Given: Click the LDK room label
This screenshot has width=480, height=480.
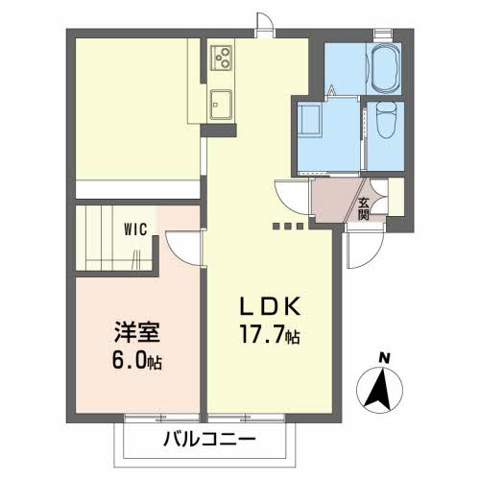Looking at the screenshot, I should [272, 307].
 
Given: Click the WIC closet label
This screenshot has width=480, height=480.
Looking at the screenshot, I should [134, 230].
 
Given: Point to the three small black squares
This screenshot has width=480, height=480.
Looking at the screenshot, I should [287, 227].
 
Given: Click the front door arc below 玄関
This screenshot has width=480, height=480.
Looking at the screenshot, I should [363, 252].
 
